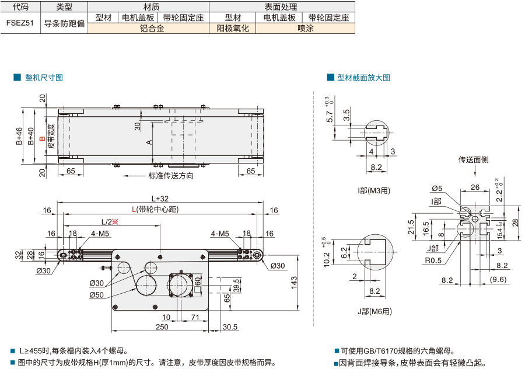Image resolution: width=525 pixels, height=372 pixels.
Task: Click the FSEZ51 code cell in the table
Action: click(x=20, y=23)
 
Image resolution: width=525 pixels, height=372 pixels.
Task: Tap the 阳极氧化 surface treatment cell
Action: click(x=232, y=29)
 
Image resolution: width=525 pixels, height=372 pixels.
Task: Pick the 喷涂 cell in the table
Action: click(x=305, y=29)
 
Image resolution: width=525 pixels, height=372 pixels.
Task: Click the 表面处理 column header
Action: click(x=281, y=6)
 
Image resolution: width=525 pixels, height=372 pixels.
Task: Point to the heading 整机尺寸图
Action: click(x=44, y=78)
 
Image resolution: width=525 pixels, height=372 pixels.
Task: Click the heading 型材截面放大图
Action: click(x=363, y=78)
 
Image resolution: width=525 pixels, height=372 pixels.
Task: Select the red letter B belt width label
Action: click(x=42, y=138)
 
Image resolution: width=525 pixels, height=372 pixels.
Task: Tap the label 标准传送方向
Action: click(x=171, y=176)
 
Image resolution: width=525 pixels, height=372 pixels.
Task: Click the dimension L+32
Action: click(x=160, y=199)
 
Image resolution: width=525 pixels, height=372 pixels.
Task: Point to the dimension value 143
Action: click(x=293, y=283)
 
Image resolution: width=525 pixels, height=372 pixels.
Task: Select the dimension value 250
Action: click(x=162, y=327)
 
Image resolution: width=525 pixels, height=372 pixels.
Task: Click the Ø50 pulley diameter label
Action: click(x=96, y=295)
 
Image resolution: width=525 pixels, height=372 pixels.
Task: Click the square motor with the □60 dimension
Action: click(x=181, y=285)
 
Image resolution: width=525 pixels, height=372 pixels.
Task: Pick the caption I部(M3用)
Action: click(x=374, y=191)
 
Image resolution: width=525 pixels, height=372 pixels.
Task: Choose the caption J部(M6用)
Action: click(x=374, y=311)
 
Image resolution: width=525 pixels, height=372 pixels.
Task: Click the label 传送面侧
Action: click(x=473, y=160)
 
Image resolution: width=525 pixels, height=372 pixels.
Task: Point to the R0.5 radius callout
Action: click(x=433, y=260)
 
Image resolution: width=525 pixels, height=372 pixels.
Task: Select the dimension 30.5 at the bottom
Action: click(x=230, y=327)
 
